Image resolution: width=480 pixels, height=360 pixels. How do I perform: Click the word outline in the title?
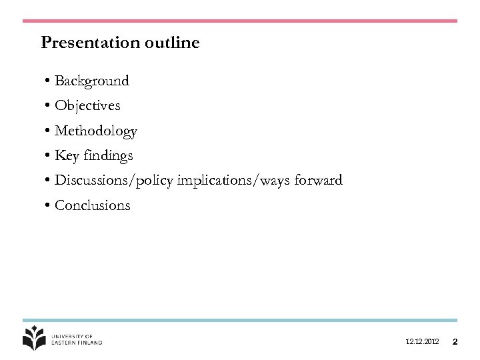coord(170,43)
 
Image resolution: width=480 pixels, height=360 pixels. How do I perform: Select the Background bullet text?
coord(92,81)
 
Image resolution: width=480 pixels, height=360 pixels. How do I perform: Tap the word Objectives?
coord(87,106)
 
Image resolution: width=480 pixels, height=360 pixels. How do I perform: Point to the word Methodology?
coord(96,131)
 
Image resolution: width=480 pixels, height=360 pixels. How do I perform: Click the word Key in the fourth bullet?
coord(67,156)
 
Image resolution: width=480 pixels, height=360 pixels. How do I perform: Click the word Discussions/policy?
coord(114,181)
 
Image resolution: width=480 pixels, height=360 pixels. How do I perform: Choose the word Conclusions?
coord(93,206)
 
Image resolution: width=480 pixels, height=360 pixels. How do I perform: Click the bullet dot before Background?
coord(49,82)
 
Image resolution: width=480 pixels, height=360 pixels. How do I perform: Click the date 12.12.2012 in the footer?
coord(422,342)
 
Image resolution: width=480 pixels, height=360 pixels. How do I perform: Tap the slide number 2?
coord(455,342)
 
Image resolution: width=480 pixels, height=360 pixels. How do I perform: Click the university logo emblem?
coord(34,338)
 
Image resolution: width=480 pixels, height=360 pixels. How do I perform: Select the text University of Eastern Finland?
coord(77,339)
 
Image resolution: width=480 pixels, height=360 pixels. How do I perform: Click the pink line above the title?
coord(240,21)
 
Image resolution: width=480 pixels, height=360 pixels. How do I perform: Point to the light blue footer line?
coord(240,321)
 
